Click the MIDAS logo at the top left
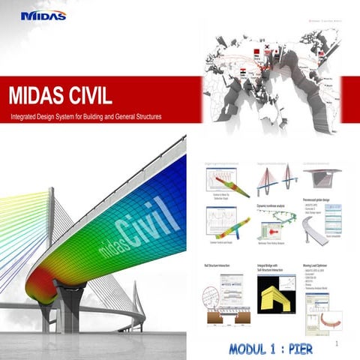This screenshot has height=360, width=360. tap(43, 15)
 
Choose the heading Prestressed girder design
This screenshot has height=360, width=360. tap(320, 200)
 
